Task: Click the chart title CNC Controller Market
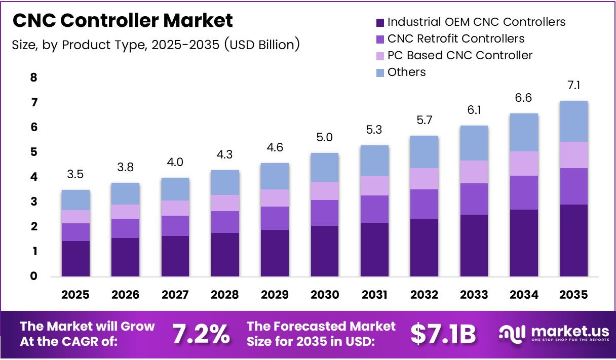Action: [x=123, y=20]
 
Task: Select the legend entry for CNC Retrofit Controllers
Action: [x=455, y=38]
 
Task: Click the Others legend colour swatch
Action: [x=380, y=72]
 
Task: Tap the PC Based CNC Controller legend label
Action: [x=459, y=55]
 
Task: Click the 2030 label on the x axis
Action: [x=325, y=295]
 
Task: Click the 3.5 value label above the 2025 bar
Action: [x=75, y=175]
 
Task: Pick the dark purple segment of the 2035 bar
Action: [x=574, y=241]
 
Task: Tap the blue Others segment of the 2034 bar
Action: [x=524, y=132]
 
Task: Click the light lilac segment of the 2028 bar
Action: [x=225, y=203]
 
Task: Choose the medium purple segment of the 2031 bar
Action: [x=375, y=209]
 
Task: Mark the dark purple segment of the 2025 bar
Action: [x=75, y=259]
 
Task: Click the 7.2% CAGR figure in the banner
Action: [x=201, y=334]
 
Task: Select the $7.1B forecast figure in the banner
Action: [x=443, y=334]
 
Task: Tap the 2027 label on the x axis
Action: [x=175, y=295]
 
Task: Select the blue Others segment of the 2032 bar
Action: [x=425, y=152]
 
